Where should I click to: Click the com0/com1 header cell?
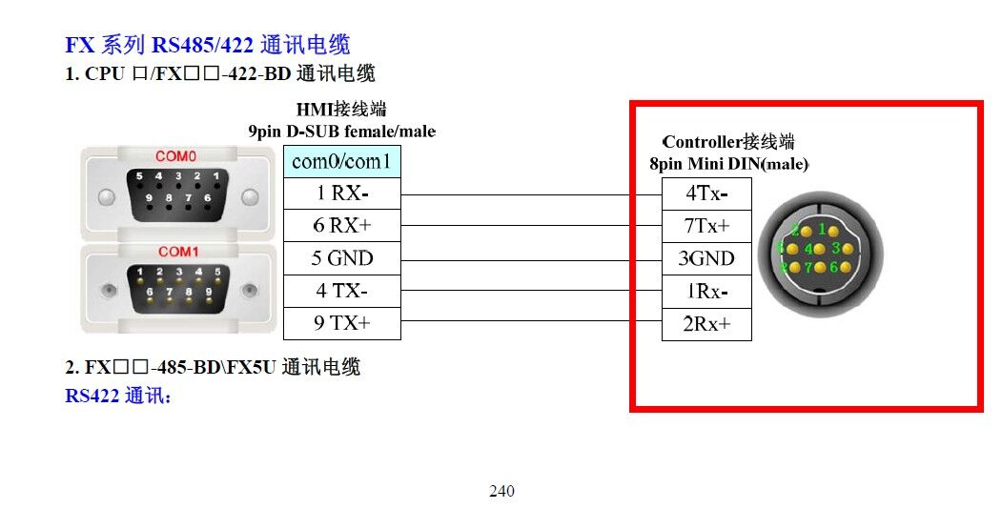(x=341, y=161)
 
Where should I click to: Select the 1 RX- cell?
(x=341, y=193)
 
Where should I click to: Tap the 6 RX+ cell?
(x=341, y=226)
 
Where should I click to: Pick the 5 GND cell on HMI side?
(x=341, y=258)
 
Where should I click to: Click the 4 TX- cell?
(x=341, y=291)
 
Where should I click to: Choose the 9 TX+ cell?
(x=341, y=323)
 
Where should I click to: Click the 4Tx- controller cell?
(x=706, y=193)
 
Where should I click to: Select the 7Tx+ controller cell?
(x=706, y=226)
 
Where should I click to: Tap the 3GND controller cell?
(x=706, y=258)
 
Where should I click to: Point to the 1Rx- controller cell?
(x=706, y=291)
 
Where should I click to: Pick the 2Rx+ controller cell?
(x=706, y=323)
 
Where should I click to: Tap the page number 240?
(x=501, y=492)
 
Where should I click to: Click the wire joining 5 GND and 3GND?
(x=531, y=258)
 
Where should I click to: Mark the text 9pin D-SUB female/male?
(x=341, y=131)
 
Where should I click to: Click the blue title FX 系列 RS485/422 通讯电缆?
(x=207, y=44)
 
